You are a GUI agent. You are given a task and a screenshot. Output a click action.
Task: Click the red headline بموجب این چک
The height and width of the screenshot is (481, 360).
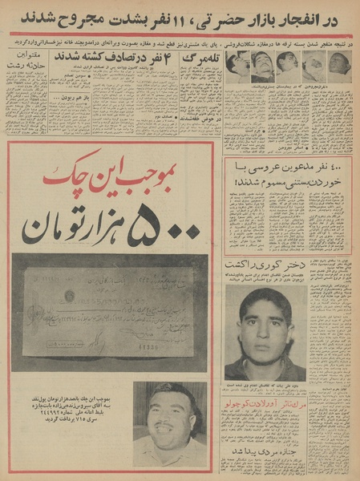click(x=115, y=171)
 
